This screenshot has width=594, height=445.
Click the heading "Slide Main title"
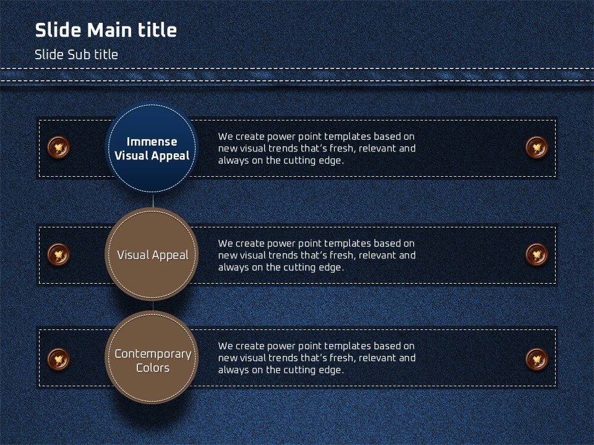click(x=106, y=30)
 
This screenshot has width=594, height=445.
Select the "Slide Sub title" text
click(x=76, y=54)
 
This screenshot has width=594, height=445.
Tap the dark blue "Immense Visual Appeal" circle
click(x=152, y=148)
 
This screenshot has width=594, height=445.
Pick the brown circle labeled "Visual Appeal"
click(x=152, y=254)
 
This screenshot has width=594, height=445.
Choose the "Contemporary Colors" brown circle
click(x=152, y=358)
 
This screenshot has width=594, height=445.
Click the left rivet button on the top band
click(x=58, y=147)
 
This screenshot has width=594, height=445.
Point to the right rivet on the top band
click(x=537, y=147)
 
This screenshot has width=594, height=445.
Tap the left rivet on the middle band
click(x=58, y=254)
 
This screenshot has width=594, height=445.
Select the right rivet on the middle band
click(x=537, y=254)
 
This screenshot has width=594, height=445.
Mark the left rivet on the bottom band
click(x=58, y=359)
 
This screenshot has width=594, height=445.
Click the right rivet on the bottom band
click(x=537, y=359)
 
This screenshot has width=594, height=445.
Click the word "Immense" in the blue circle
click(x=152, y=142)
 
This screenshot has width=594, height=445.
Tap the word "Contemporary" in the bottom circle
click(x=153, y=354)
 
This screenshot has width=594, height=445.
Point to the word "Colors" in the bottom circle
click(x=153, y=368)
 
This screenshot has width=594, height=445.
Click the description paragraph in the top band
click(x=317, y=148)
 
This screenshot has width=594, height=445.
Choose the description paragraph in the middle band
click(x=317, y=255)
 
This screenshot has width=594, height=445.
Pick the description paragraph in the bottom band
click(x=317, y=358)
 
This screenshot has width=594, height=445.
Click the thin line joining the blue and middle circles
click(x=153, y=201)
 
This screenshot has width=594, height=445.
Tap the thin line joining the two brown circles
click(x=153, y=306)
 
